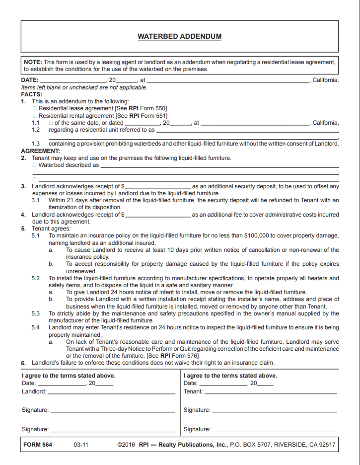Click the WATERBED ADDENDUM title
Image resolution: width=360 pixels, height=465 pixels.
coord(179,36)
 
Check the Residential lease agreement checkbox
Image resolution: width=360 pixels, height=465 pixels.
coord(35,108)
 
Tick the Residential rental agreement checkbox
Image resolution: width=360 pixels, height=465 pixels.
coord(35,116)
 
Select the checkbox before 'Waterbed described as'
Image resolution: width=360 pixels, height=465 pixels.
coord(35,165)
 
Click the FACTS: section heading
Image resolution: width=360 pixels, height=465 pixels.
coord(32,94)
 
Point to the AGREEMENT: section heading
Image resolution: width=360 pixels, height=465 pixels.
coord(40,151)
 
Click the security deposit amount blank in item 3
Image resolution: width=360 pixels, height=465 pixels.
coord(157,187)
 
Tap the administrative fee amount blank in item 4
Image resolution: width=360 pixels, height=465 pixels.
coord(157,215)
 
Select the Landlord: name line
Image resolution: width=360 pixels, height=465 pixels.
coord(111,392)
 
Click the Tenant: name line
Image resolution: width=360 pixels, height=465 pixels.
coord(270,392)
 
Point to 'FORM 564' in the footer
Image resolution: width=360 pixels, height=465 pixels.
coord(38,445)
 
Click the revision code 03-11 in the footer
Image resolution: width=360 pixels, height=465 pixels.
coord(81,445)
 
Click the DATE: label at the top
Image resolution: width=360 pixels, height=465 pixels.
coord(30,80)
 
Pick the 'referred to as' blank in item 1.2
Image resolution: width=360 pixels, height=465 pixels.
coord(247,130)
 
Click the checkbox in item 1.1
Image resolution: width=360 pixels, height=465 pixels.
coord(51,123)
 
